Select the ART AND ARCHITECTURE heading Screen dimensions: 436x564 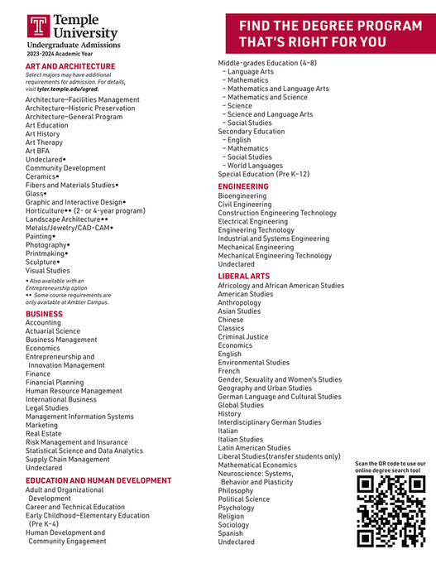(70, 66)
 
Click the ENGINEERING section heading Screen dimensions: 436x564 (243, 186)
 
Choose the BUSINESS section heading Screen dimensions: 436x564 (44, 314)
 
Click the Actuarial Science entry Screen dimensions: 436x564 (53, 331)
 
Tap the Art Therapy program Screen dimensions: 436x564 (44, 142)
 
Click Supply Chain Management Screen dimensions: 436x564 (67, 460)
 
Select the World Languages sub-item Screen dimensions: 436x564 (255, 166)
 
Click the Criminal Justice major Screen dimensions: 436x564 (243, 337)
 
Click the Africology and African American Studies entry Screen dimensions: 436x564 (280, 286)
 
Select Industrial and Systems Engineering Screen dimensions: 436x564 (273, 239)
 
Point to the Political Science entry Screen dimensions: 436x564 (243, 499)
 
